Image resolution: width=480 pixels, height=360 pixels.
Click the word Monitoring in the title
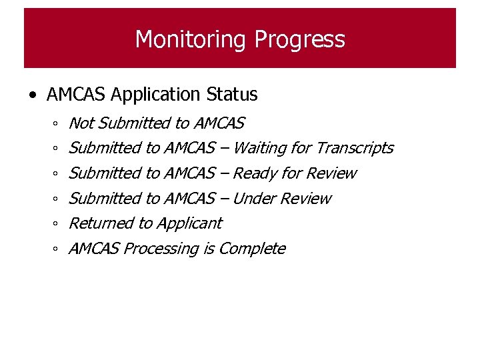click(189, 39)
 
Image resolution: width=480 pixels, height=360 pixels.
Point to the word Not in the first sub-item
click(81, 123)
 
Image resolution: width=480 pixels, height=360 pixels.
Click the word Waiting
click(255, 148)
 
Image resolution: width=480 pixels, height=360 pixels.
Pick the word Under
click(254, 199)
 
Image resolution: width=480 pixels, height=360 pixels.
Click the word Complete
click(251, 249)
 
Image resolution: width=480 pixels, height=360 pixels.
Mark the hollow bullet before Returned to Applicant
click(57, 225)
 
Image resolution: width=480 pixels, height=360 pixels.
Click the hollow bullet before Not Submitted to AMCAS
click(57, 125)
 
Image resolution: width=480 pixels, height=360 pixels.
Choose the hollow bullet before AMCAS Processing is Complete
click(57, 250)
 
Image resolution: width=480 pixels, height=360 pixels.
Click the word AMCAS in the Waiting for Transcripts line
click(189, 148)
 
